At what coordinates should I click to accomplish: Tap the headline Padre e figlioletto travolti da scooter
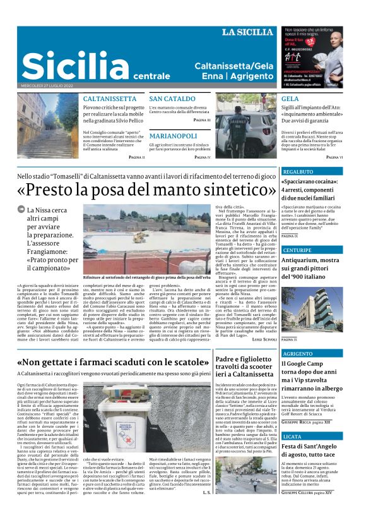pos(245,366)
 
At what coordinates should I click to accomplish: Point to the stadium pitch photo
pos(143,238)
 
